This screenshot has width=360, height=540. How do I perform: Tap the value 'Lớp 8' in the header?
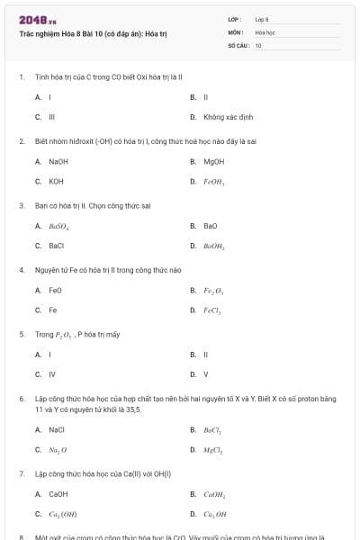[262, 19]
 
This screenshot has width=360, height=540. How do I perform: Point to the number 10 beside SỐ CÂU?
[258, 45]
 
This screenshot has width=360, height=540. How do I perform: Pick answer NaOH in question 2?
[58, 162]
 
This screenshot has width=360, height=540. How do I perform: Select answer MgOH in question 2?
[213, 162]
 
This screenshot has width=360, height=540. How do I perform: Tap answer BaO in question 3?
[211, 226]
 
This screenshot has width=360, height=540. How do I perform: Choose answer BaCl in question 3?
[56, 245]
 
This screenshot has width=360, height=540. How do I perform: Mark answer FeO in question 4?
[55, 291]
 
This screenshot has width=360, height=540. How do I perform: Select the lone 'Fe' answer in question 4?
[52, 310]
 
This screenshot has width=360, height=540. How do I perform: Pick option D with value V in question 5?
[205, 374]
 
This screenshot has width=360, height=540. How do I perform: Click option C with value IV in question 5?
[51, 374]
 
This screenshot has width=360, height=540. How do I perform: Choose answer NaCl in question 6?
[57, 429]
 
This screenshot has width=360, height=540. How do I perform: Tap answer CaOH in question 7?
[58, 494]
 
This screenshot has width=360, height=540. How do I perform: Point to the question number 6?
[21, 398]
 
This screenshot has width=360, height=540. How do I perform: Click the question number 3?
[21, 205]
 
